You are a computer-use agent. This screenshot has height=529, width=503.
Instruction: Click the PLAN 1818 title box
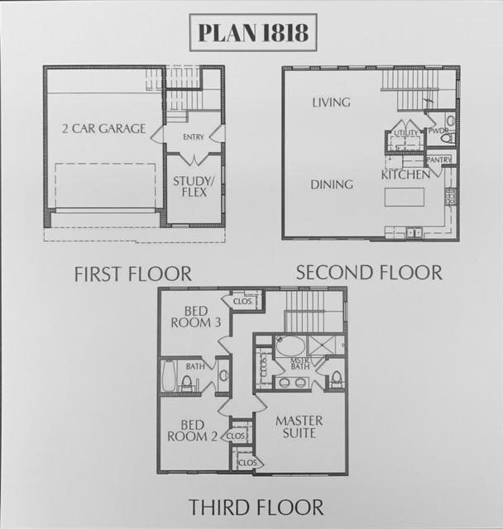coord(252,32)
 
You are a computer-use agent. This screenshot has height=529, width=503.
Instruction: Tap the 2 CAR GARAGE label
coord(104,128)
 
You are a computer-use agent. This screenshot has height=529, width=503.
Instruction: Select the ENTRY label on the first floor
coord(194,136)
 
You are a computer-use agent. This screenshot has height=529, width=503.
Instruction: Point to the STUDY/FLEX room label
coord(189,187)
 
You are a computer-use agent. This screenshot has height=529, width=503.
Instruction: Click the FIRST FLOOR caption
coord(132,273)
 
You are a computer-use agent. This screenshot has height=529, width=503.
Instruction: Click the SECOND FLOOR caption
coord(369,271)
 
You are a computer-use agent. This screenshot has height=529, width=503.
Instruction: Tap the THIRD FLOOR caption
coord(256,506)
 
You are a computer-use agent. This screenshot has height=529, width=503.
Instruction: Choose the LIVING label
coord(331,102)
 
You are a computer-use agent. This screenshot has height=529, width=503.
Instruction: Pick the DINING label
coord(332,184)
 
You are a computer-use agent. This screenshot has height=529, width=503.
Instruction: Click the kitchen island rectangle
coord(405,197)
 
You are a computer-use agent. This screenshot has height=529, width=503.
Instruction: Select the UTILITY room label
coord(405,132)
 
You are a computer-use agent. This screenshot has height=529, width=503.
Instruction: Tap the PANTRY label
coord(438,160)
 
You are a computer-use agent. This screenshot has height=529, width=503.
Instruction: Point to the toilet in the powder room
coord(449,122)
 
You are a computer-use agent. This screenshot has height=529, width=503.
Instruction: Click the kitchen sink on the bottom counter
coord(411,233)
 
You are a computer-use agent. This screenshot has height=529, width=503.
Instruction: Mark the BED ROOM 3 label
coord(196,317)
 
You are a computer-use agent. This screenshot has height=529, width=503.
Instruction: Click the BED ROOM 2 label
coord(195,430)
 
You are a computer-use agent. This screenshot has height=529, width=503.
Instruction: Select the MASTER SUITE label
coord(299,427)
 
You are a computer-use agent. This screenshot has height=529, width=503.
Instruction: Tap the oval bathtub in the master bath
coord(290,346)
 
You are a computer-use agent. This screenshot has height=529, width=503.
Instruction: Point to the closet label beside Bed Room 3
coord(242,301)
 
